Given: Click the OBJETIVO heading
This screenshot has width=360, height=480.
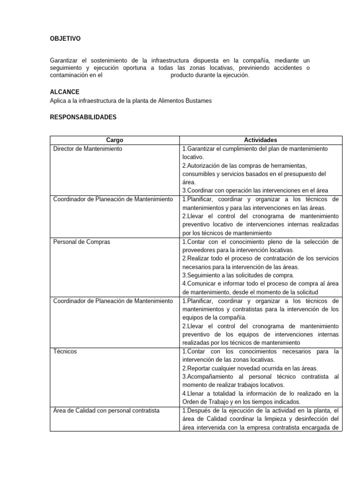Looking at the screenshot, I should tap(65, 39).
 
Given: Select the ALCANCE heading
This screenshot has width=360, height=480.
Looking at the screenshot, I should tap(64, 92).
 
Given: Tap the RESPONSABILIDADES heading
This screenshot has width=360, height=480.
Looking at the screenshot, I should tap(83, 117).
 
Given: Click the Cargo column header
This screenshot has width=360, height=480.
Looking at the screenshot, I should tap(114, 140).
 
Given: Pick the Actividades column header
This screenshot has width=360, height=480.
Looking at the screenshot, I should tap(260, 140).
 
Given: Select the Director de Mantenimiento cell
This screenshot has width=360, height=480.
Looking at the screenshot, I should tap(88, 149).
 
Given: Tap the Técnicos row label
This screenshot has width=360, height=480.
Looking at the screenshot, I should tap(66, 352).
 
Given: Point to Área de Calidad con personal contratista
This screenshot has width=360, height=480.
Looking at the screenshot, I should tap(106, 411).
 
